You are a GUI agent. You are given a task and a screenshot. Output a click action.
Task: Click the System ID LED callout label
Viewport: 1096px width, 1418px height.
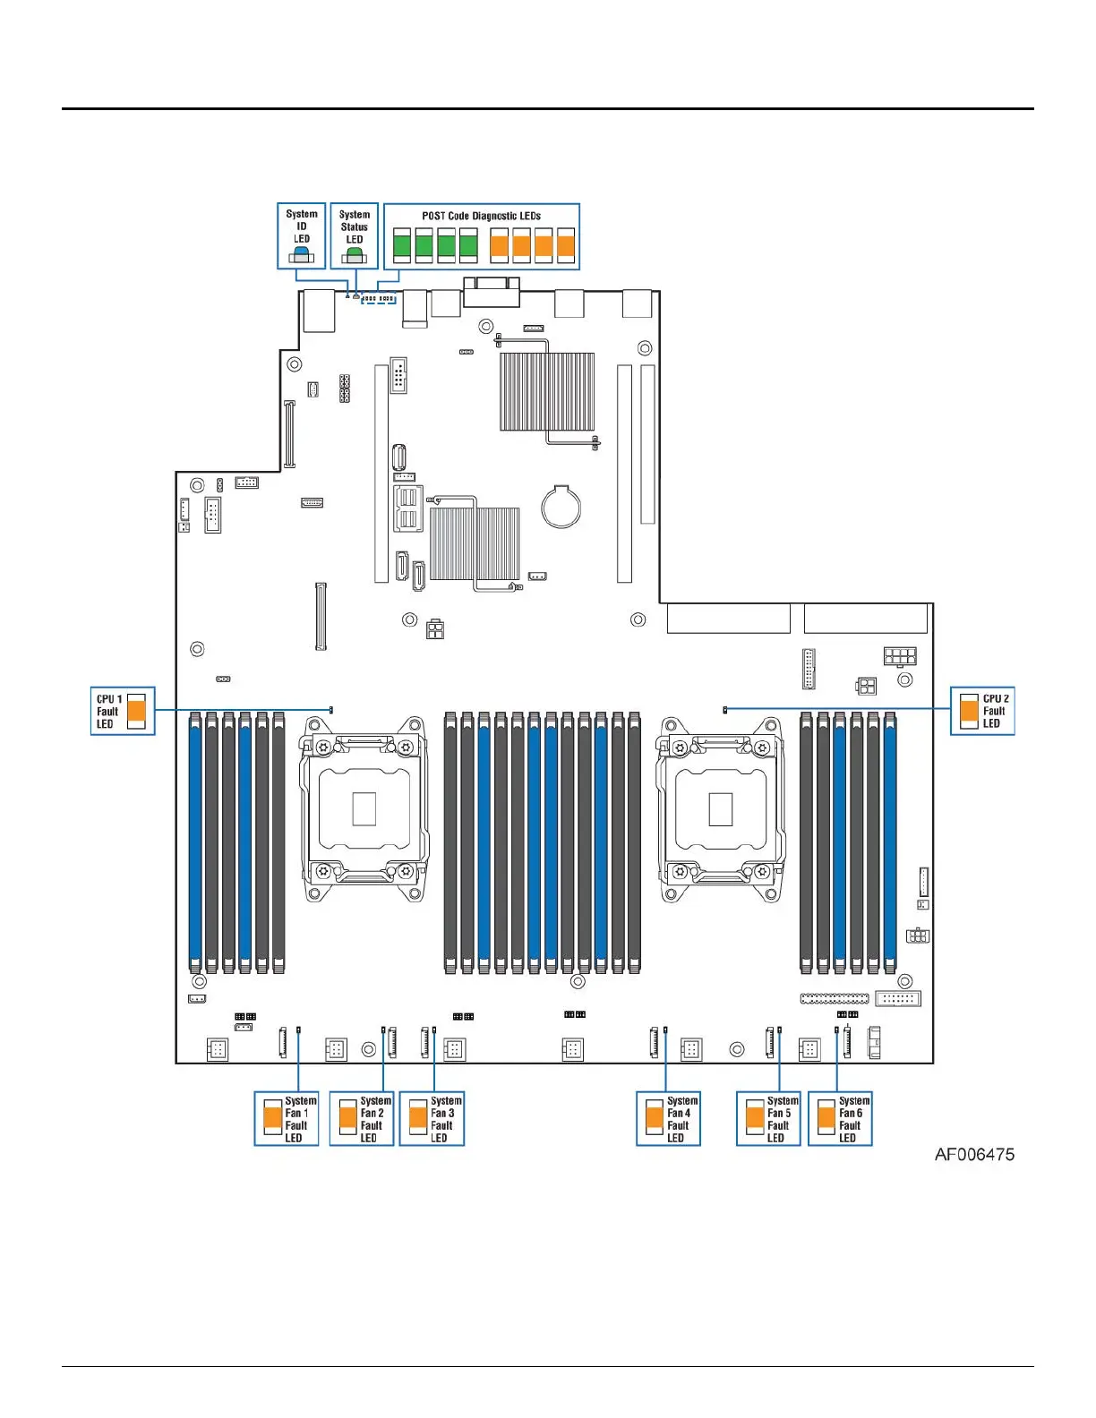(302, 226)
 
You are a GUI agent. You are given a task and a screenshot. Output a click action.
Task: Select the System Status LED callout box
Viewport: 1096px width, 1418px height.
(355, 236)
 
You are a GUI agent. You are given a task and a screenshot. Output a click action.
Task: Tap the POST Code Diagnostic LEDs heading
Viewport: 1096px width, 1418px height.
(481, 216)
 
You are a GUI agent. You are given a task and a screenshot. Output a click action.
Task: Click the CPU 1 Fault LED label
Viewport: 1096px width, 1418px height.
(108, 711)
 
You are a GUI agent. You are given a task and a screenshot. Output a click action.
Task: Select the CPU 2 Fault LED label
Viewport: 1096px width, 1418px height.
(995, 711)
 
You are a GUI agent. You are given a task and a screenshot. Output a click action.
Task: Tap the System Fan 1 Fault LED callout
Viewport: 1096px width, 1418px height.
(287, 1118)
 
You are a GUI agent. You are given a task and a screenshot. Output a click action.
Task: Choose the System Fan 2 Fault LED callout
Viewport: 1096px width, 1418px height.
(362, 1118)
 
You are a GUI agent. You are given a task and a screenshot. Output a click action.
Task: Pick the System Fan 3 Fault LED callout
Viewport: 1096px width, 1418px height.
(432, 1118)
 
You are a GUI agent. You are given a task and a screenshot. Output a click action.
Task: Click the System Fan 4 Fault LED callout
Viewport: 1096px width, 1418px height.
(668, 1118)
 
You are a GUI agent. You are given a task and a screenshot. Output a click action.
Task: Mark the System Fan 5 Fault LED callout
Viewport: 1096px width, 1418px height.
(768, 1118)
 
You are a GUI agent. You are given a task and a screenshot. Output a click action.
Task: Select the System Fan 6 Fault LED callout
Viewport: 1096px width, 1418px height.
(840, 1118)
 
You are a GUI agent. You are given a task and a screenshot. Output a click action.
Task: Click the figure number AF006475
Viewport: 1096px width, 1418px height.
(974, 1154)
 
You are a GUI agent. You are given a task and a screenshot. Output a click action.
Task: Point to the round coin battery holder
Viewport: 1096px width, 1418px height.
(561, 507)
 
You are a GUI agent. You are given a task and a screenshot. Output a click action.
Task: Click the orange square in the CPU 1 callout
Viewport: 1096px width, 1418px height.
(136, 712)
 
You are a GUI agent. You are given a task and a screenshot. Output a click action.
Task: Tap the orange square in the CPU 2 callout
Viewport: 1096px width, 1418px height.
(968, 712)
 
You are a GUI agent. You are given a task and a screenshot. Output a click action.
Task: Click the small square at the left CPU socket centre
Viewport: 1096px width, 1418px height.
(364, 808)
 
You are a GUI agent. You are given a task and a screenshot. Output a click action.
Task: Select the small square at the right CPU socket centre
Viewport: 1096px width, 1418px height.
(720, 809)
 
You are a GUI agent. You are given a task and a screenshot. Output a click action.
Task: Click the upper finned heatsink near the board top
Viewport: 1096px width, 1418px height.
(546, 391)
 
